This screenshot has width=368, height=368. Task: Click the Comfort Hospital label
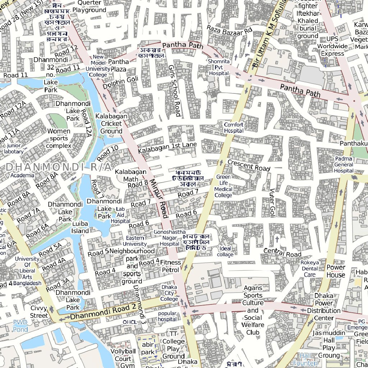pos(234,128)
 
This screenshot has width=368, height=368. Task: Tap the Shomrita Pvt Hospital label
pos(219,68)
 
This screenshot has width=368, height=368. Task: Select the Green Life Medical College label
pos(223,186)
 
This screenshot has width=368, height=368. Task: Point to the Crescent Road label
pos(249,165)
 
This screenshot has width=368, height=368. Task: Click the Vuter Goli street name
pos(272,203)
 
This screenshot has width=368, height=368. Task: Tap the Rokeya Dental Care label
pos(309,268)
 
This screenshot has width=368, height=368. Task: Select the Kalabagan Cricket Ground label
pos(111,124)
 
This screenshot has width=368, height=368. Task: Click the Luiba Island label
pos(80,227)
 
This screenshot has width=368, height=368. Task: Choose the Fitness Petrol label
pos(170,266)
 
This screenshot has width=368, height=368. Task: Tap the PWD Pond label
pos(20,326)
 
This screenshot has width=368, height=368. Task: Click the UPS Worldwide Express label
pos(332,46)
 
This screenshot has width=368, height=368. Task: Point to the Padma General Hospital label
pos(344,165)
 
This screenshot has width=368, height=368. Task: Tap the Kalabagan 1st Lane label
pos(167,147)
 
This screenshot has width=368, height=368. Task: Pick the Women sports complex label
pos(59,138)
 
